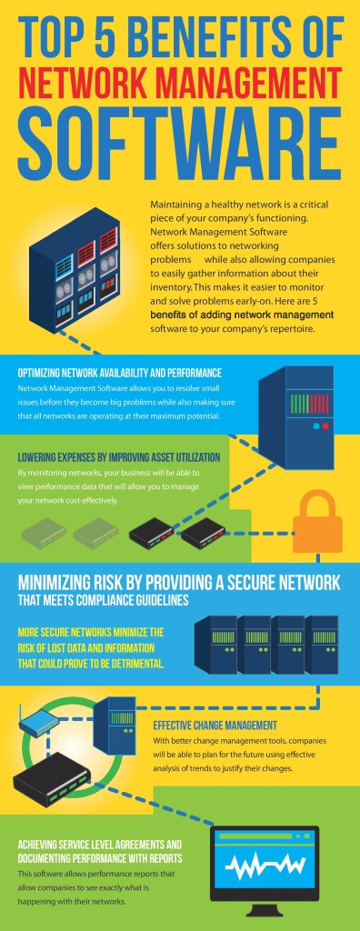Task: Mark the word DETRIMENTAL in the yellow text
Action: [x=126, y=664]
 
